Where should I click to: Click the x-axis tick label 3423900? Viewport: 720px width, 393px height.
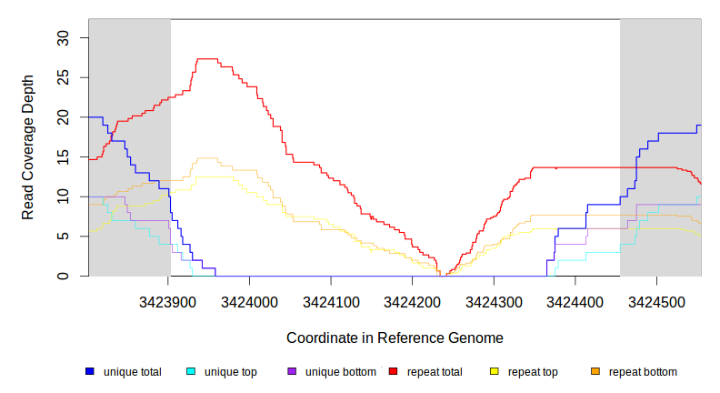point(170,301)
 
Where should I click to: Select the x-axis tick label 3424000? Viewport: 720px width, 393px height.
point(251,301)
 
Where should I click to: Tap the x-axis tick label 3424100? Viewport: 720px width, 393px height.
point(332,301)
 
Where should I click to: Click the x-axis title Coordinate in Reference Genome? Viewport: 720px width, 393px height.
point(395,338)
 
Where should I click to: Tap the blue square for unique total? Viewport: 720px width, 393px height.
point(90,372)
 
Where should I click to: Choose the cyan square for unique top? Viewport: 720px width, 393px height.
point(191,372)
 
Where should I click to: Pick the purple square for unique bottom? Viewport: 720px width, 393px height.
point(292,372)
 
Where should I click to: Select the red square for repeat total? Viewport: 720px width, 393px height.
point(393,372)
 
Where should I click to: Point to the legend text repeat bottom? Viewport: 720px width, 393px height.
point(643,372)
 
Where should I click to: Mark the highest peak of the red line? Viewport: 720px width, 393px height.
point(207,58)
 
